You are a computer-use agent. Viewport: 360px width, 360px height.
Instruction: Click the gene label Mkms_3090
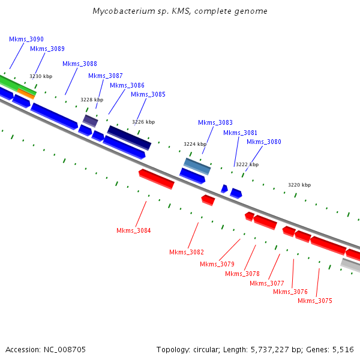(26, 39)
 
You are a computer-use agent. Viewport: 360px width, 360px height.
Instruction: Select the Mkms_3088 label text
(79, 64)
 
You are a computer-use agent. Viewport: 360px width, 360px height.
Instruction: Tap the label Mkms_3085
(148, 94)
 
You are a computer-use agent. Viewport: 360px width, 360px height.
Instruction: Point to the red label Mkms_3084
(133, 230)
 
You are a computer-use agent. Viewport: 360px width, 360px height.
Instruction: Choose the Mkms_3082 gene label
(186, 252)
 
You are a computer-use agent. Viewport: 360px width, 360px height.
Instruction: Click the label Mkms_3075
(314, 301)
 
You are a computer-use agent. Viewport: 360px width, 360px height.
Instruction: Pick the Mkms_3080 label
(263, 142)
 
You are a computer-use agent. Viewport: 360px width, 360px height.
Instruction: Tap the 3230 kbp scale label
(41, 76)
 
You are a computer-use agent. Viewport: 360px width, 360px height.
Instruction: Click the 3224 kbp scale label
(194, 144)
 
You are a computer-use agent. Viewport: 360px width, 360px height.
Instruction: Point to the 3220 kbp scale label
(299, 185)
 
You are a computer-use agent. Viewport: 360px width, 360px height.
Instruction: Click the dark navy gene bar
(129, 138)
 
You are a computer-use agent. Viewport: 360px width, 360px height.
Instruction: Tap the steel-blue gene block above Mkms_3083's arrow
(197, 166)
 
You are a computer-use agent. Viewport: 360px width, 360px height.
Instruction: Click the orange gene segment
(26, 93)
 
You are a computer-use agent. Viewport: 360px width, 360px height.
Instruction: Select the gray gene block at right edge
(350, 265)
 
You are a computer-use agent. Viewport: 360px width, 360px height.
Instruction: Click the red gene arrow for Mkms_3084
(156, 179)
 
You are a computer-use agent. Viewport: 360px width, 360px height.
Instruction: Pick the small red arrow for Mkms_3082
(208, 200)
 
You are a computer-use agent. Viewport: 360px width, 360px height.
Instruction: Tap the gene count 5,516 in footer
(342, 349)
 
